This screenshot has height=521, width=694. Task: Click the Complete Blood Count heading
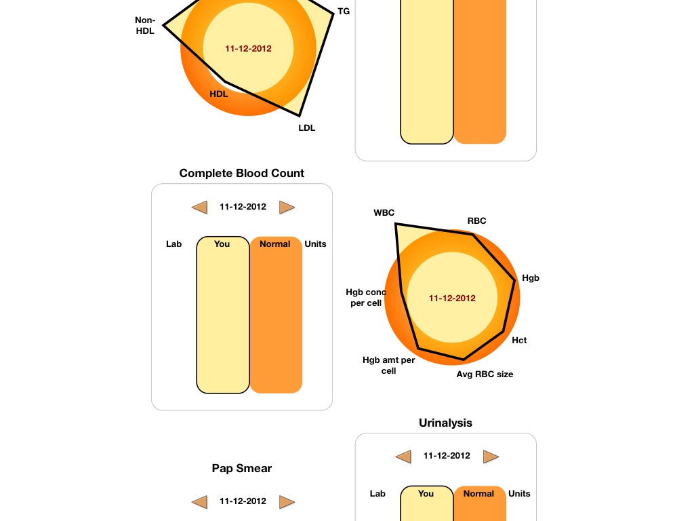pyautogui.click(x=242, y=173)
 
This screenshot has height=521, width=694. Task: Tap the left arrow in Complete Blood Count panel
pyautogui.click(x=199, y=207)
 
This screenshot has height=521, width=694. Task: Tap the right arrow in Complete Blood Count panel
pyautogui.click(x=287, y=207)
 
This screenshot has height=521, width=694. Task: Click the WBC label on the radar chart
pyautogui.click(x=384, y=213)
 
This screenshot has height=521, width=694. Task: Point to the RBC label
pyautogui.click(x=476, y=221)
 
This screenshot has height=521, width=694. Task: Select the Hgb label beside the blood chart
pyautogui.click(x=531, y=278)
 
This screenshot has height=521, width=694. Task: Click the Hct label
pyautogui.click(x=519, y=341)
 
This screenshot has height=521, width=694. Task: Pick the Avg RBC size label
pyautogui.click(x=485, y=374)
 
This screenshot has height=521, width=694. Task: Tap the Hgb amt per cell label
pyautogui.click(x=388, y=366)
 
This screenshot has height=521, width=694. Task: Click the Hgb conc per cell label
pyautogui.click(x=365, y=298)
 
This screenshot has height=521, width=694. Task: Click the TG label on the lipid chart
pyautogui.click(x=344, y=12)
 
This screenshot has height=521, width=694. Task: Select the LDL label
pyautogui.click(x=307, y=128)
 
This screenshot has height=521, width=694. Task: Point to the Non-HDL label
pyautogui.click(x=145, y=26)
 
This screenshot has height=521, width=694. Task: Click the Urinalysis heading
pyautogui.click(x=445, y=423)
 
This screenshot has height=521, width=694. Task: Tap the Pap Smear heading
pyautogui.click(x=242, y=468)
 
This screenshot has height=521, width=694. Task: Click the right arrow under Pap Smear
pyautogui.click(x=287, y=502)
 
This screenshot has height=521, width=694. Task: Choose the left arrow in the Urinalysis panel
pyautogui.click(x=403, y=457)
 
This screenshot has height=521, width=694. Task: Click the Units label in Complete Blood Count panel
pyautogui.click(x=315, y=244)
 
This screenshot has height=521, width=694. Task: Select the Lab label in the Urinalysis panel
pyautogui.click(x=377, y=494)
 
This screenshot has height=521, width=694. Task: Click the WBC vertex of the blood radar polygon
pyautogui.click(x=396, y=224)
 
